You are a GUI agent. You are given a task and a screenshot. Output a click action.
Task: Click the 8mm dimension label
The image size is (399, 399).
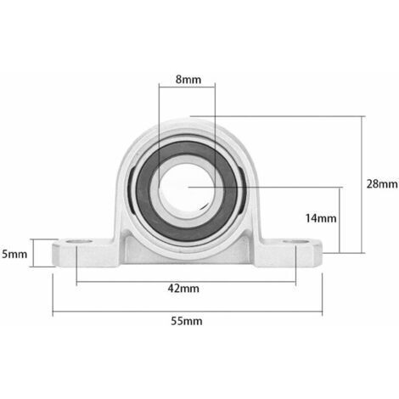[188, 80]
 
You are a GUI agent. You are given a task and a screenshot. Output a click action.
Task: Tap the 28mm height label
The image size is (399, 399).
[382, 184]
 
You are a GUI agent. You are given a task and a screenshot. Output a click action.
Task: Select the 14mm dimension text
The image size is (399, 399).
[321, 218]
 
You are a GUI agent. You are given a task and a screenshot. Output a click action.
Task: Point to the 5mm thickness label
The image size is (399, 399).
[14, 254]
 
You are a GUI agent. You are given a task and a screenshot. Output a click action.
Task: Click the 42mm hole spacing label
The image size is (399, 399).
[183, 289]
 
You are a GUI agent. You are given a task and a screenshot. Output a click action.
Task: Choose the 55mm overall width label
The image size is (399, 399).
[187, 321]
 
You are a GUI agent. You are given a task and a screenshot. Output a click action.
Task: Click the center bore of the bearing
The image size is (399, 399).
[188, 188]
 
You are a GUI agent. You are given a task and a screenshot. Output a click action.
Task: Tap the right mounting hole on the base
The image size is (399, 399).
[296, 242]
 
